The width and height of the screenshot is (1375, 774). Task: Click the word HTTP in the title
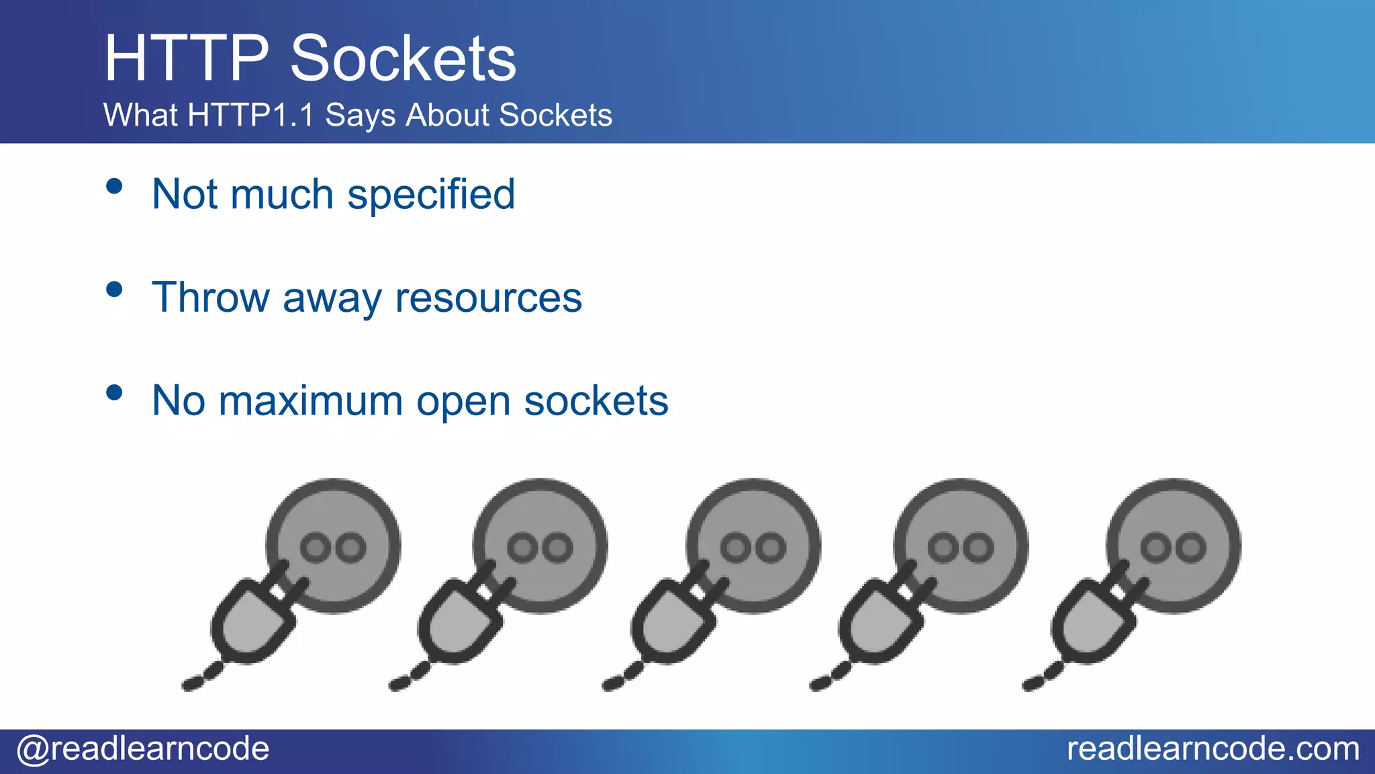pos(187,58)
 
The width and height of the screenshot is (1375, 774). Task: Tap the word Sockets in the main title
pos(403,58)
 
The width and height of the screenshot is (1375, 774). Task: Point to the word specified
pos(431,195)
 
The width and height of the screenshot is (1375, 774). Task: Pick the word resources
pos(488,297)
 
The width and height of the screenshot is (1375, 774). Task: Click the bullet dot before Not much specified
pos(114,186)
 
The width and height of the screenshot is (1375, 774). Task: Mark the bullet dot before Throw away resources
pos(114,290)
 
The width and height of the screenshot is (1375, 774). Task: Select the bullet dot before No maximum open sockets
pos(114,392)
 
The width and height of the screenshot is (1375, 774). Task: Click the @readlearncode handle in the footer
pos(143,748)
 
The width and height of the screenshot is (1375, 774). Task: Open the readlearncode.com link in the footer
pos(1213,748)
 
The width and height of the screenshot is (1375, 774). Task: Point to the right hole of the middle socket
pos(771,548)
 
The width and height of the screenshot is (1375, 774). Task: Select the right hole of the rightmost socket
pos(1192,548)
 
